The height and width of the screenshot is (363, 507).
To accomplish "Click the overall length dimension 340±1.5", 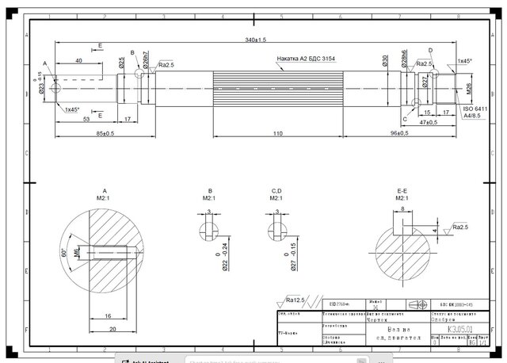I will pyautogui.click(x=255, y=39).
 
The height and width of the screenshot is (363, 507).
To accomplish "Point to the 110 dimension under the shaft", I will pyautogui.click(x=277, y=133).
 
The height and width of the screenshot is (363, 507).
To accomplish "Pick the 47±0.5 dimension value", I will pyautogui.click(x=429, y=123).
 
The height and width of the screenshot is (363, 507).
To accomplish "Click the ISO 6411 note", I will pyautogui.click(x=473, y=108).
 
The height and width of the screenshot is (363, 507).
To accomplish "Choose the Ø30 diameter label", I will pyautogui.click(x=384, y=63).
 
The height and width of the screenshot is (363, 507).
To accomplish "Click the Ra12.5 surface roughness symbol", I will pyautogui.click(x=295, y=300).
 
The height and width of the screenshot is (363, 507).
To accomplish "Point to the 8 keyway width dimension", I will pyautogui.click(x=402, y=210).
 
